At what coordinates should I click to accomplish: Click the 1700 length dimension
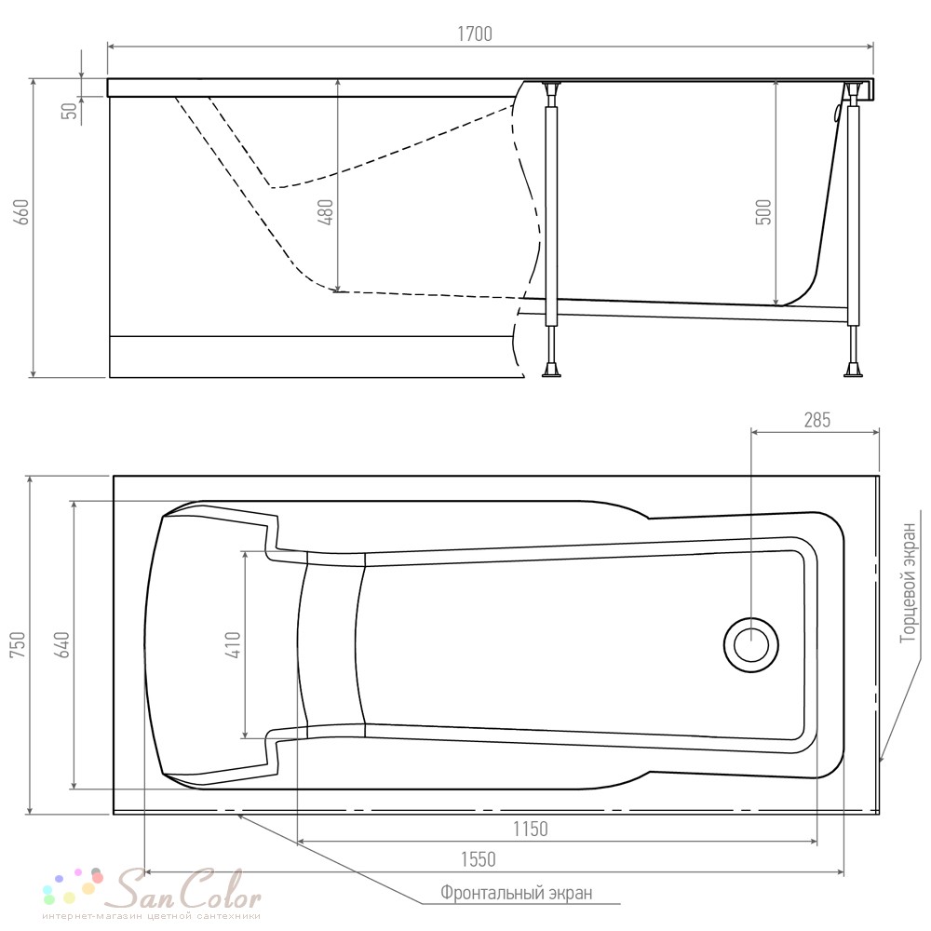pos(475,34)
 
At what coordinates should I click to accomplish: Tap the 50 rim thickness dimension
pos(70,111)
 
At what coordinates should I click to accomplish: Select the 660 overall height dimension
pos(20,212)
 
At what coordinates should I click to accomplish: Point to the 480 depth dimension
pos(326,212)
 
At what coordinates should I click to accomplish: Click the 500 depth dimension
pos(763,212)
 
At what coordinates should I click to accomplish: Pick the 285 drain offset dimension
pos(817,421)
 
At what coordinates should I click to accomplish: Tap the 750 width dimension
pos(18,644)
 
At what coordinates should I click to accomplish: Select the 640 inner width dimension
pos(61,644)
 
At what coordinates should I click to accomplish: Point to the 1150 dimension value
pos(531,829)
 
